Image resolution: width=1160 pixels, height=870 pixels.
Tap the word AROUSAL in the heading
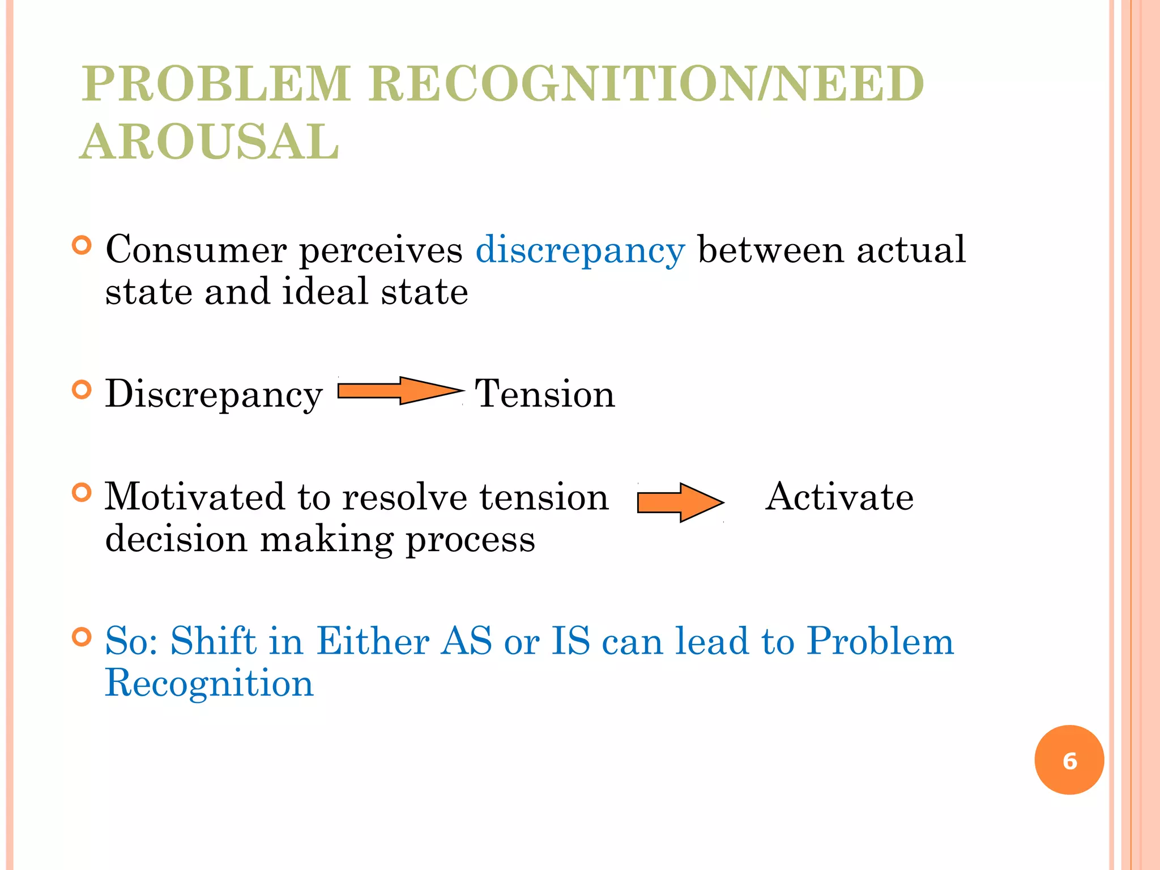[210, 142]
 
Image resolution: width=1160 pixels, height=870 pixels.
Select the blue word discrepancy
[580, 250]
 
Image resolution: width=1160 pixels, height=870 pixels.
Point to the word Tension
[544, 394]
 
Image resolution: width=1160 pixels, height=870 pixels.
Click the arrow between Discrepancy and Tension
[400, 391]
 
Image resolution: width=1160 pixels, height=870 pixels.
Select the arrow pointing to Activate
[680, 502]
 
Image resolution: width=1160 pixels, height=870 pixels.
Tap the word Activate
[839, 497]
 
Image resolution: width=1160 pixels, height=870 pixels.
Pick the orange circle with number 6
[1069, 760]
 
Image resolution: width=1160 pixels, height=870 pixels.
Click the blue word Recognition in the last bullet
[209, 683]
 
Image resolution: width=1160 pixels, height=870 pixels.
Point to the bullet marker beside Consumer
[82, 245]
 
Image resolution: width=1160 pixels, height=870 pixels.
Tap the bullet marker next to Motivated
[82, 493]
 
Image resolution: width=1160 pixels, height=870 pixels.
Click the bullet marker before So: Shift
[82, 637]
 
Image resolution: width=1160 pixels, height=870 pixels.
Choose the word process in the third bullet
[471, 540]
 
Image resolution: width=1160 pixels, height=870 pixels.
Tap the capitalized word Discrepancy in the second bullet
[214, 394]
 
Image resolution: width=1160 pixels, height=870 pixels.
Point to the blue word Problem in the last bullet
[880, 641]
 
